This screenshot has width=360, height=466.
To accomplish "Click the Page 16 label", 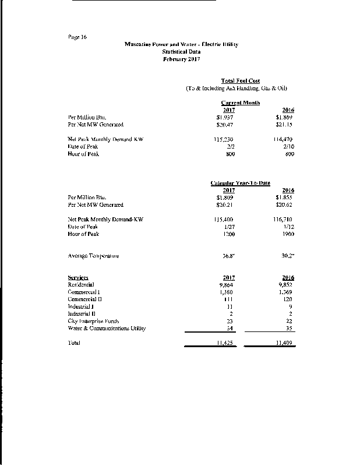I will (x=77, y=37).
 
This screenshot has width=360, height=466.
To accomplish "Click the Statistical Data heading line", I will (x=181, y=52).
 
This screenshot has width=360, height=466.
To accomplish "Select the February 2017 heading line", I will (x=181, y=59).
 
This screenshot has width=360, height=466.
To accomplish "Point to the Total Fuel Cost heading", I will (x=241, y=80).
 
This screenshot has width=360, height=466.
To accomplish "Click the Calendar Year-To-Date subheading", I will (x=240, y=183).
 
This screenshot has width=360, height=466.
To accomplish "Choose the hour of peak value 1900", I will (x=288, y=234).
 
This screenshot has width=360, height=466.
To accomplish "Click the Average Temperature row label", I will (x=93, y=256).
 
